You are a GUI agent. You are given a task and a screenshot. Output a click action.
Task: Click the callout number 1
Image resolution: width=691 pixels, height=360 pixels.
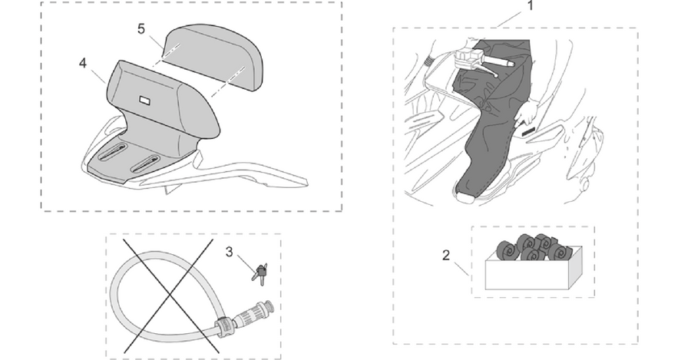tap(531, 5)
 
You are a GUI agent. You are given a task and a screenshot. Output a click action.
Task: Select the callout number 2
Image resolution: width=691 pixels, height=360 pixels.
tap(446, 255)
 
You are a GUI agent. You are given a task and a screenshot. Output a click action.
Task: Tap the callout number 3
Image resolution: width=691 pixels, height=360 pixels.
tap(229, 252)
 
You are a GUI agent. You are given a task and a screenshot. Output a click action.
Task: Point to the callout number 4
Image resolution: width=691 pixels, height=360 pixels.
tap(83, 64)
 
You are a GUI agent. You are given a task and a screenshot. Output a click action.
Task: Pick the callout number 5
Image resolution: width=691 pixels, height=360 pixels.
tap(141, 28)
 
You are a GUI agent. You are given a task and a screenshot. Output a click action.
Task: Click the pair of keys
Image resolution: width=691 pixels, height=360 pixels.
tap(260, 273)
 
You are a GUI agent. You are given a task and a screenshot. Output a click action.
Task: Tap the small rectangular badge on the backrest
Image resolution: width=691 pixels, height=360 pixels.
tap(144, 101)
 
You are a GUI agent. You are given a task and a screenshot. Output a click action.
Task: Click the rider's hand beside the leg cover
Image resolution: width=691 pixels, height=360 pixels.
tap(524, 113)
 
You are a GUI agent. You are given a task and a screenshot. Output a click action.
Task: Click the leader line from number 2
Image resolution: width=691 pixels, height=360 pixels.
tap(461, 269)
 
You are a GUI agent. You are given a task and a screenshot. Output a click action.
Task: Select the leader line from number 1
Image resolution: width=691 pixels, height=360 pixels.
tap(509, 18)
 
